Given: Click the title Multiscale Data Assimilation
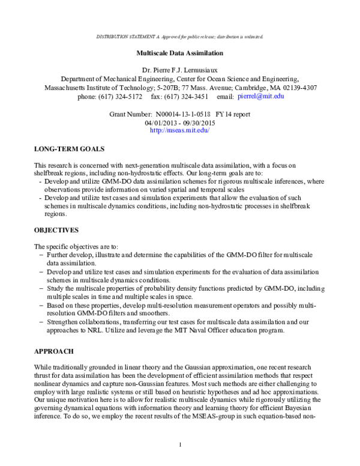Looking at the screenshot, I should tap(179, 53).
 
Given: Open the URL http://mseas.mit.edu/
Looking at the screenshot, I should tap(179, 130).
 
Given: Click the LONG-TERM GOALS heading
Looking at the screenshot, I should tap(69, 148).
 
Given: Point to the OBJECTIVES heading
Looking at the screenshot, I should tap(57, 230).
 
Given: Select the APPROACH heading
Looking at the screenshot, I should tap(54, 350).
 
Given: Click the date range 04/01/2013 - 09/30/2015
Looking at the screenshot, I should tap(179, 122).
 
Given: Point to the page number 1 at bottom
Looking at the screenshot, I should tap(180, 444).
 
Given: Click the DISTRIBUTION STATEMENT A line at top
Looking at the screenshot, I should tap(179, 37).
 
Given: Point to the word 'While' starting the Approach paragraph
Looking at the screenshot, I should tap(43, 366).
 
